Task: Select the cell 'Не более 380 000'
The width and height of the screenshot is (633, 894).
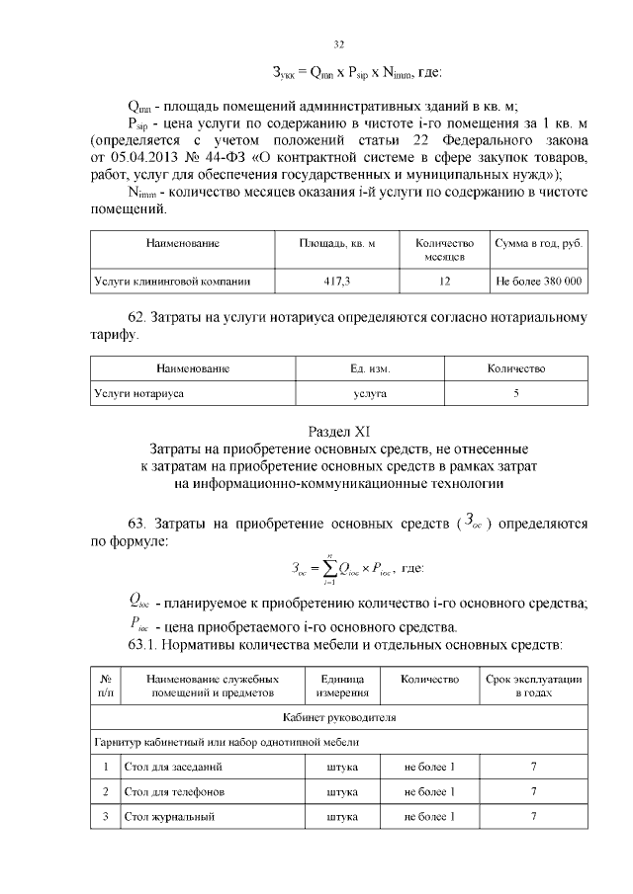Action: [x=539, y=282]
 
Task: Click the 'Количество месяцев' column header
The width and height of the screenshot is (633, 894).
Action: [x=444, y=250]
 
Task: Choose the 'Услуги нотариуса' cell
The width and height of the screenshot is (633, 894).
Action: [x=139, y=393]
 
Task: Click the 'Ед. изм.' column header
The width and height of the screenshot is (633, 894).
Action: [x=370, y=368]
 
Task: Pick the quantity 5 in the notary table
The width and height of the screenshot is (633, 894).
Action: [x=516, y=393]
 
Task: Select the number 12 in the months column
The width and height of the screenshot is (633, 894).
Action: [x=444, y=282]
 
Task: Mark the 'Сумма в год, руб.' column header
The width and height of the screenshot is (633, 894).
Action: [x=539, y=243]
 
